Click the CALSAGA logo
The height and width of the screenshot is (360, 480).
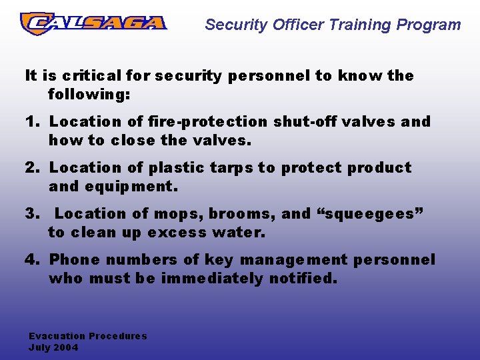[93, 23]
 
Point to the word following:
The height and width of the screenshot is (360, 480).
[89, 95]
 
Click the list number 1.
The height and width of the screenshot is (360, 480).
[31, 122]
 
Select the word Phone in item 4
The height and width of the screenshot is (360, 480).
[72, 260]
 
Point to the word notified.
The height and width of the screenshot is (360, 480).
[303, 279]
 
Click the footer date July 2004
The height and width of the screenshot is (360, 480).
[53, 347]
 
